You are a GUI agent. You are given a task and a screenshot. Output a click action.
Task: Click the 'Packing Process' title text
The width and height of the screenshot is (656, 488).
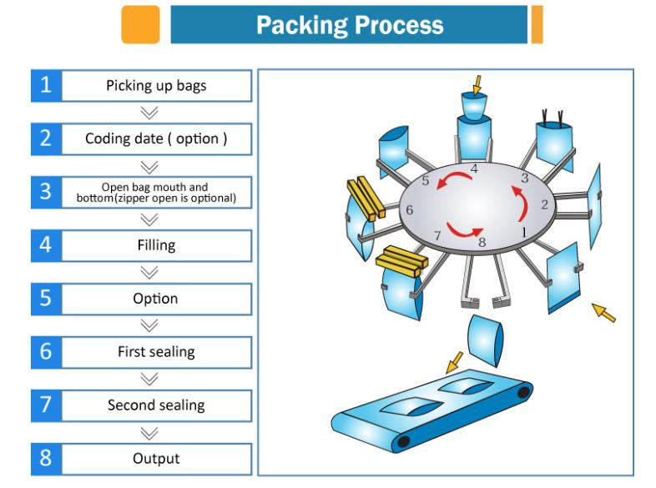click(350, 25)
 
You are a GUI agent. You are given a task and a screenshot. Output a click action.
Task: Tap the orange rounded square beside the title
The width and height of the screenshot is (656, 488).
click(140, 24)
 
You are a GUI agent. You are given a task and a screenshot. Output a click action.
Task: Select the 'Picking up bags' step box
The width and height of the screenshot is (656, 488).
click(141, 86)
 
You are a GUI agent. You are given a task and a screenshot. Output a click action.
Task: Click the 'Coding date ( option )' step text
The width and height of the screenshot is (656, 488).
click(156, 138)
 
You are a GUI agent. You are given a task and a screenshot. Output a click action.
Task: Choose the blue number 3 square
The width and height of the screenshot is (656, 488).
click(46, 192)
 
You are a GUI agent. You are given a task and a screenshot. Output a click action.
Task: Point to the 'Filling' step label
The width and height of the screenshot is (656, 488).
click(156, 245)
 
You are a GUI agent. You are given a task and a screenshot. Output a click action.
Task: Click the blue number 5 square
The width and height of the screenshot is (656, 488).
click(46, 299)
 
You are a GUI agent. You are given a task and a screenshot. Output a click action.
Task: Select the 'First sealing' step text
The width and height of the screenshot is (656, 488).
click(156, 352)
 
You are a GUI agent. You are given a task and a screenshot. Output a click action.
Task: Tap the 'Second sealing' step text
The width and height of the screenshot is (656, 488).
click(156, 405)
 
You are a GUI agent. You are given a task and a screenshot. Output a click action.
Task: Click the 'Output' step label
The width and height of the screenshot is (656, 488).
click(156, 458)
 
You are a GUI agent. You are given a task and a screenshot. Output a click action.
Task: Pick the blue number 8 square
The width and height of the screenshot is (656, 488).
click(46, 459)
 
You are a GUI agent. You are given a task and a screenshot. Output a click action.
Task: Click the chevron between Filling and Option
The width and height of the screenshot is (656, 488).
click(149, 272)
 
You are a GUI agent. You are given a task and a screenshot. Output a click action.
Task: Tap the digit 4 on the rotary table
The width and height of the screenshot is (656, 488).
click(474, 169)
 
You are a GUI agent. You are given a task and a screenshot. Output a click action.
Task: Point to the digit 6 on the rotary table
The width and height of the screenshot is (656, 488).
click(409, 209)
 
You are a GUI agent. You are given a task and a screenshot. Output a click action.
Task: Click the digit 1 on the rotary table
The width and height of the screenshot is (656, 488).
click(524, 232)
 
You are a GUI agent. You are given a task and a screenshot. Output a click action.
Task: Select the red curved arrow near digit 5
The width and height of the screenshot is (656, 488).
click(452, 180)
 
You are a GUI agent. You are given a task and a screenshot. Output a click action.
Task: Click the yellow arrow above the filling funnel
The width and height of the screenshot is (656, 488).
click(477, 85)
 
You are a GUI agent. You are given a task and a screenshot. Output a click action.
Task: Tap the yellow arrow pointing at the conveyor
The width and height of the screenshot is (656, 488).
click(454, 362)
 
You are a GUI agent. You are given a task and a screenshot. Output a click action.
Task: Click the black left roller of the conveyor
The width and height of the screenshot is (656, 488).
click(403, 441)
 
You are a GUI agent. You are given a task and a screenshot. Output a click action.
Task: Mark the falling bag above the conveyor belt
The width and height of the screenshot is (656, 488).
click(484, 340)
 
